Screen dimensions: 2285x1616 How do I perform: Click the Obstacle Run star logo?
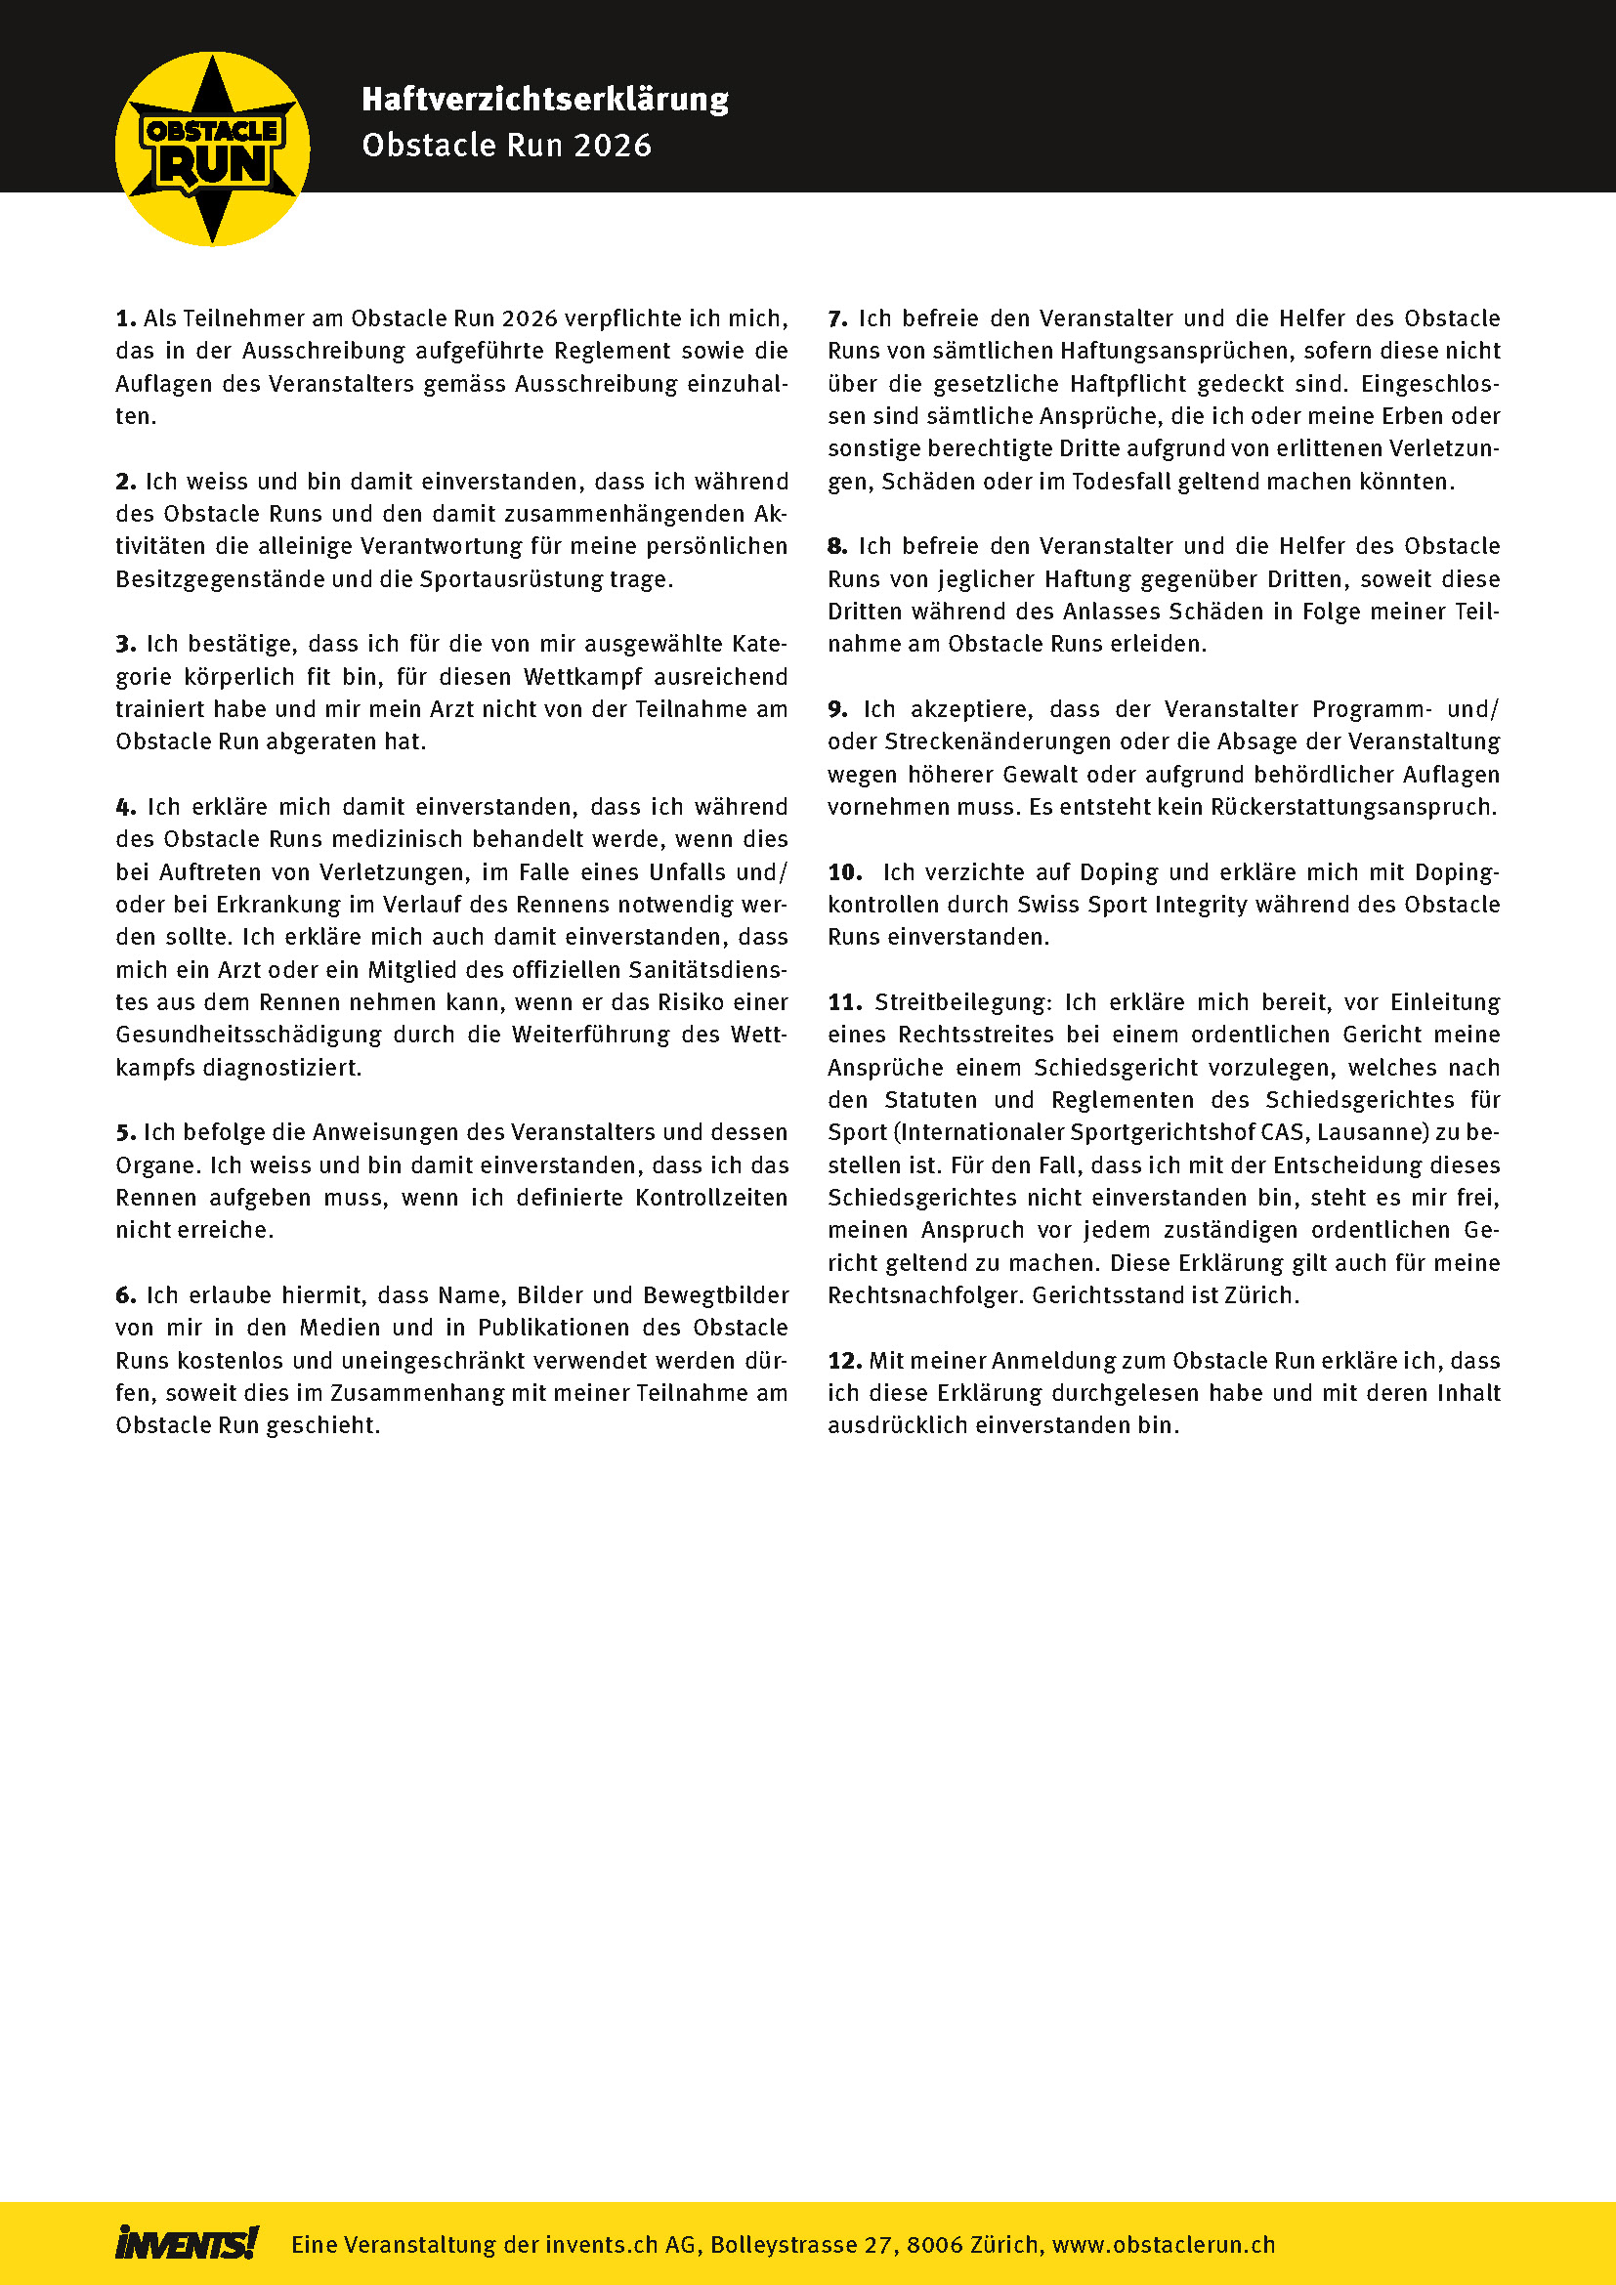(x=212, y=149)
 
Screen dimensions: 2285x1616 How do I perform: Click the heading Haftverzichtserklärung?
(x=544, y=100)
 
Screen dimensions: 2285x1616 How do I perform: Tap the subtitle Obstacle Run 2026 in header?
(x=506, y=146)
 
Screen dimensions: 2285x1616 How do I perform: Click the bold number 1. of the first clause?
(x=125, y=318)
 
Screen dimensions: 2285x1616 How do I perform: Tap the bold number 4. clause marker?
(x=125, y=807)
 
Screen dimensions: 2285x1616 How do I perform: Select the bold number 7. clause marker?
(x=838, y=318)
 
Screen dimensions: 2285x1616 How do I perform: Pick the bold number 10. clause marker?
(x=845, y=872)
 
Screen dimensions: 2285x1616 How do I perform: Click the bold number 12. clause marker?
(x=844, y=1361)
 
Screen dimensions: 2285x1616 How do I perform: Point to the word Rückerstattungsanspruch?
(x=1352, y=807)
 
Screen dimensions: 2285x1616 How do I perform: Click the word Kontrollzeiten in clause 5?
(x=711, y=1198)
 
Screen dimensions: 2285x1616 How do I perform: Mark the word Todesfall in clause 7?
(x=1123, y=482)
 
